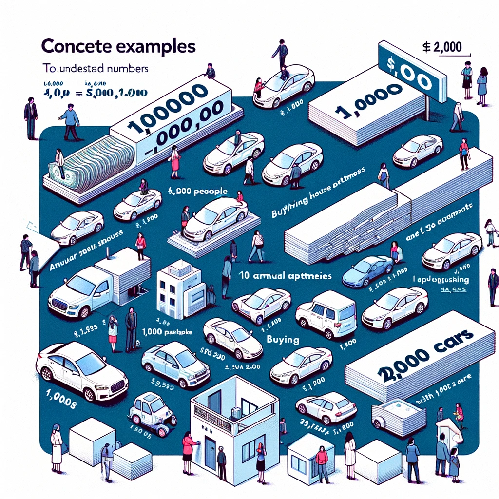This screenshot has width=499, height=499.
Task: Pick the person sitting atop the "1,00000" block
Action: tap(210, 72)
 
